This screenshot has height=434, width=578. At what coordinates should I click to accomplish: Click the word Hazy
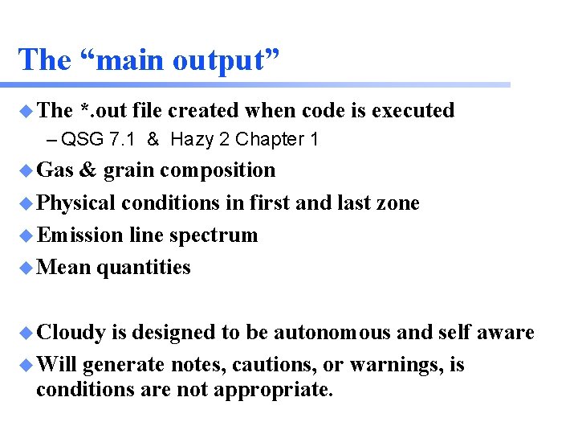[192, 140]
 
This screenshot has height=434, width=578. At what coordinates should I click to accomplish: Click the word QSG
[81, 140]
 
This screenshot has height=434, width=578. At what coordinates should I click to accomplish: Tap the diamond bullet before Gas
[26, 170]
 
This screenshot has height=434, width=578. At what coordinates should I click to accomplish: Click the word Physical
[77, 203]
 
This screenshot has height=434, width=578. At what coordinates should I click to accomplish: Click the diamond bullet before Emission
[26, 235]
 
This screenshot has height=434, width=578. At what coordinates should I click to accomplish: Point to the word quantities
[144, 268]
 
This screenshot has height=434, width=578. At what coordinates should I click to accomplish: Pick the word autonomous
[330, 333]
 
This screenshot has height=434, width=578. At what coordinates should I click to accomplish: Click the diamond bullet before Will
[26, 366]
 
